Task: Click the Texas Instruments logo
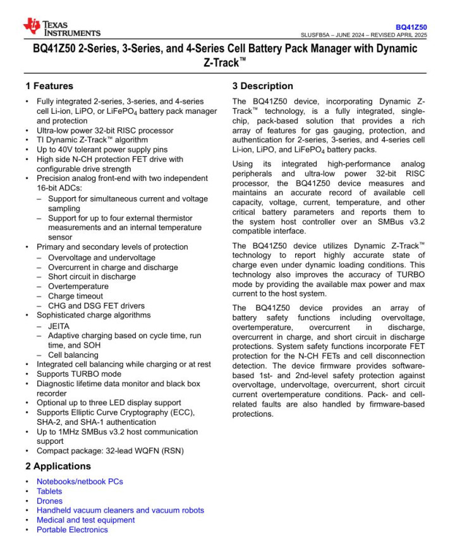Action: point(61,27)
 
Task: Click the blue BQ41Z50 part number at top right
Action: point(411,27)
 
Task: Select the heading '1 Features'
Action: point(49,86)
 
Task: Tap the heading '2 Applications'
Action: point(58,466)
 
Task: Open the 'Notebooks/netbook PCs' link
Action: point(80,481)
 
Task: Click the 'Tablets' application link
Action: point(49,491)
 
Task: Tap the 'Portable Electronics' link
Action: point(72,529)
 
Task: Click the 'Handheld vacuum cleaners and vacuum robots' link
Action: point(120,510)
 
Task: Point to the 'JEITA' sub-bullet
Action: point(59,326)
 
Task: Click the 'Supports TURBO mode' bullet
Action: point(78,374)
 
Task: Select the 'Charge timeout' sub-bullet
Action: point(75,296)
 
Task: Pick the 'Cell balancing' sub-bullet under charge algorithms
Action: point(73,355)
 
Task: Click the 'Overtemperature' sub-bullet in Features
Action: point(78,286)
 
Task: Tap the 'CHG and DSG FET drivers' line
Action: point(96,305)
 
